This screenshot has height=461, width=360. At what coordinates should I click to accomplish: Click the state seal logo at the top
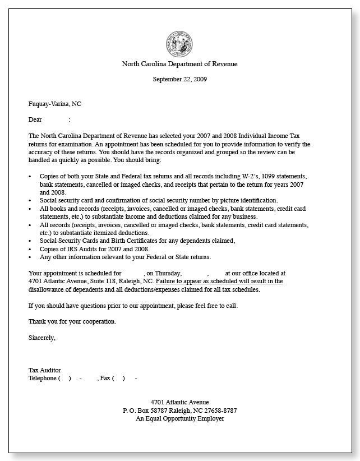(179, 44)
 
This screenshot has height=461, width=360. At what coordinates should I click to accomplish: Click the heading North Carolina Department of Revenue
(179, 64)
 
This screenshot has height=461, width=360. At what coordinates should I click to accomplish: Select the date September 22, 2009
(179, 79)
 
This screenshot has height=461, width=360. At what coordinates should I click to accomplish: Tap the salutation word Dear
(35, 119)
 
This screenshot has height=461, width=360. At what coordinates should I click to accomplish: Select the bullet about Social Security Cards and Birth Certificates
(137, 241)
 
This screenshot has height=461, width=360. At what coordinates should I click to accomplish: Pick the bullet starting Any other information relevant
(125, 257)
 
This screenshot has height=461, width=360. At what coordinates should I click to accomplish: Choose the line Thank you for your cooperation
(72, 321)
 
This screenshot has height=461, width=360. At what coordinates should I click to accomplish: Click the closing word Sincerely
(42, 338)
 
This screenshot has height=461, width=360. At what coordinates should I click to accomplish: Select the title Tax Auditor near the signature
(45, 370)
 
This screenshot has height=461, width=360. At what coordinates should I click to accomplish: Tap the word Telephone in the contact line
(43, 378)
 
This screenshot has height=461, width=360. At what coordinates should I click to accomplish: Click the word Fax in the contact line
(105, 378)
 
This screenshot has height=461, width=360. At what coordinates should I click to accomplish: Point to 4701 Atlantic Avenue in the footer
(179, 402)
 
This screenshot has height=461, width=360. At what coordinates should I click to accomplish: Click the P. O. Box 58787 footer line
(179, 411)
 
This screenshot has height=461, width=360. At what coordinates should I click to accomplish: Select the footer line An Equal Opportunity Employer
(179, 418)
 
